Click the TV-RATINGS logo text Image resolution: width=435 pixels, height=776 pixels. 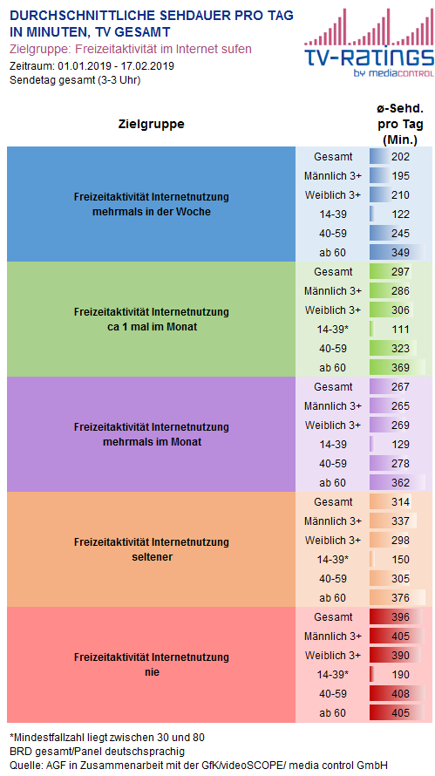click(369, 57)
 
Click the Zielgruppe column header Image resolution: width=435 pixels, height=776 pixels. click(152, 124)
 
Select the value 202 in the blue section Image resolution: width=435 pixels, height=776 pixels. click(400, 157)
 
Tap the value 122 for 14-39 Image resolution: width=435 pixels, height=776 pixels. click(400, 214)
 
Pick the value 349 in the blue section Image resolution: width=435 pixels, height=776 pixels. click(400, 252)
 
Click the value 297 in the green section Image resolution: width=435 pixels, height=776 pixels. click(400, 272)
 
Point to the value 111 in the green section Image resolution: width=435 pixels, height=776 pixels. click(400, 329)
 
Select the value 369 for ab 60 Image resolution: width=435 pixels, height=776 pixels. click(400, 368)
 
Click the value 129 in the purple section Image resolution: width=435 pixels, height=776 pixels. click(400, 445)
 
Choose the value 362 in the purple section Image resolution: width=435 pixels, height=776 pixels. click(400, 482)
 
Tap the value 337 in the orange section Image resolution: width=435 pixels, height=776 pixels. click(400, 521)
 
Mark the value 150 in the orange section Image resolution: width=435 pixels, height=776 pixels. click(400, 559)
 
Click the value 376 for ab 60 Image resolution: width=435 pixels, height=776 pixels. click(400, 598)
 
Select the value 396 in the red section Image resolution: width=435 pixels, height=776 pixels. click(400, 617)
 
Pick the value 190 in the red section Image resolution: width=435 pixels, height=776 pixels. click(400, 675)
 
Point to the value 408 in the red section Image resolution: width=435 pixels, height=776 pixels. click(400, 694)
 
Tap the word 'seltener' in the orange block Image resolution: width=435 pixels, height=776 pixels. click(152, 557)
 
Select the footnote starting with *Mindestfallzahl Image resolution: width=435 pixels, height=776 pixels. click(107, 738)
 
